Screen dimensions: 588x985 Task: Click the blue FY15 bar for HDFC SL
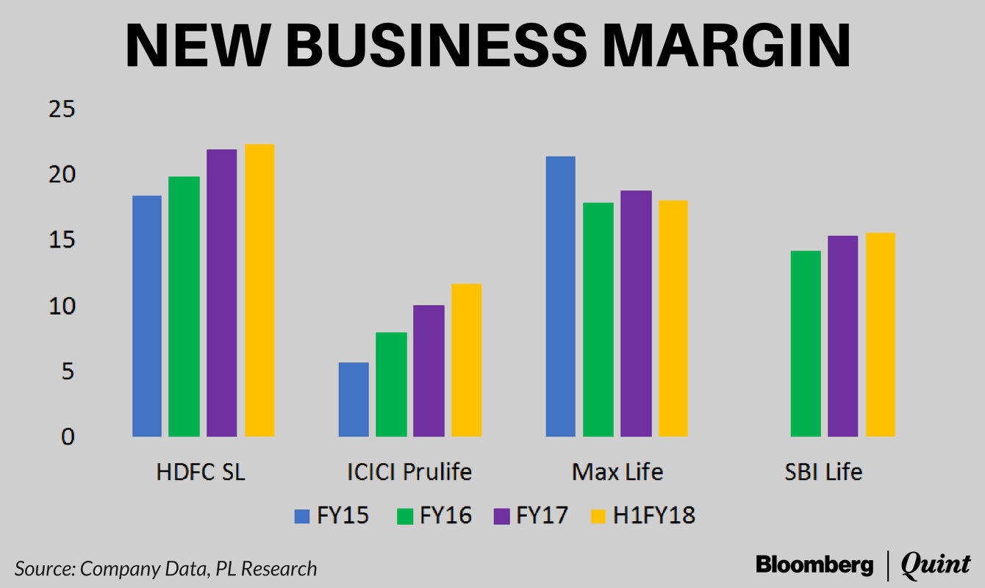tap(146, 316)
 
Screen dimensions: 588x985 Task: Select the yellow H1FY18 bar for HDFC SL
tap(259, 290)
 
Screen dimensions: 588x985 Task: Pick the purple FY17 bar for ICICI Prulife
tap(429, 370)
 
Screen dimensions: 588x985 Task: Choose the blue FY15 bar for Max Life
tap(560, 296)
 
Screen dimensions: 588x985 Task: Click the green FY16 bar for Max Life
tap(598, 320)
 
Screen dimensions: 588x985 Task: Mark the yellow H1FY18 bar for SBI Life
tap(880, 334)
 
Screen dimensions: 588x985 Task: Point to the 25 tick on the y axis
tap(62, 110)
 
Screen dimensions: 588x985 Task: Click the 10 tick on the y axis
tap(62, 306)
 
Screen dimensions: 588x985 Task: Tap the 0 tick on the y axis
tap(68, 437)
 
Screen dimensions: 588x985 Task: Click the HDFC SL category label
tap(201, 472)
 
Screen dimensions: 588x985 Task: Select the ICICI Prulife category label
tap(409, 472)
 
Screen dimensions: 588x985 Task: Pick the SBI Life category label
tap(823, 472)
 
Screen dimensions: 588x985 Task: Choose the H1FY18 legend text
tap(654, 516)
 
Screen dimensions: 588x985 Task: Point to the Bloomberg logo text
tap(814, 564)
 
